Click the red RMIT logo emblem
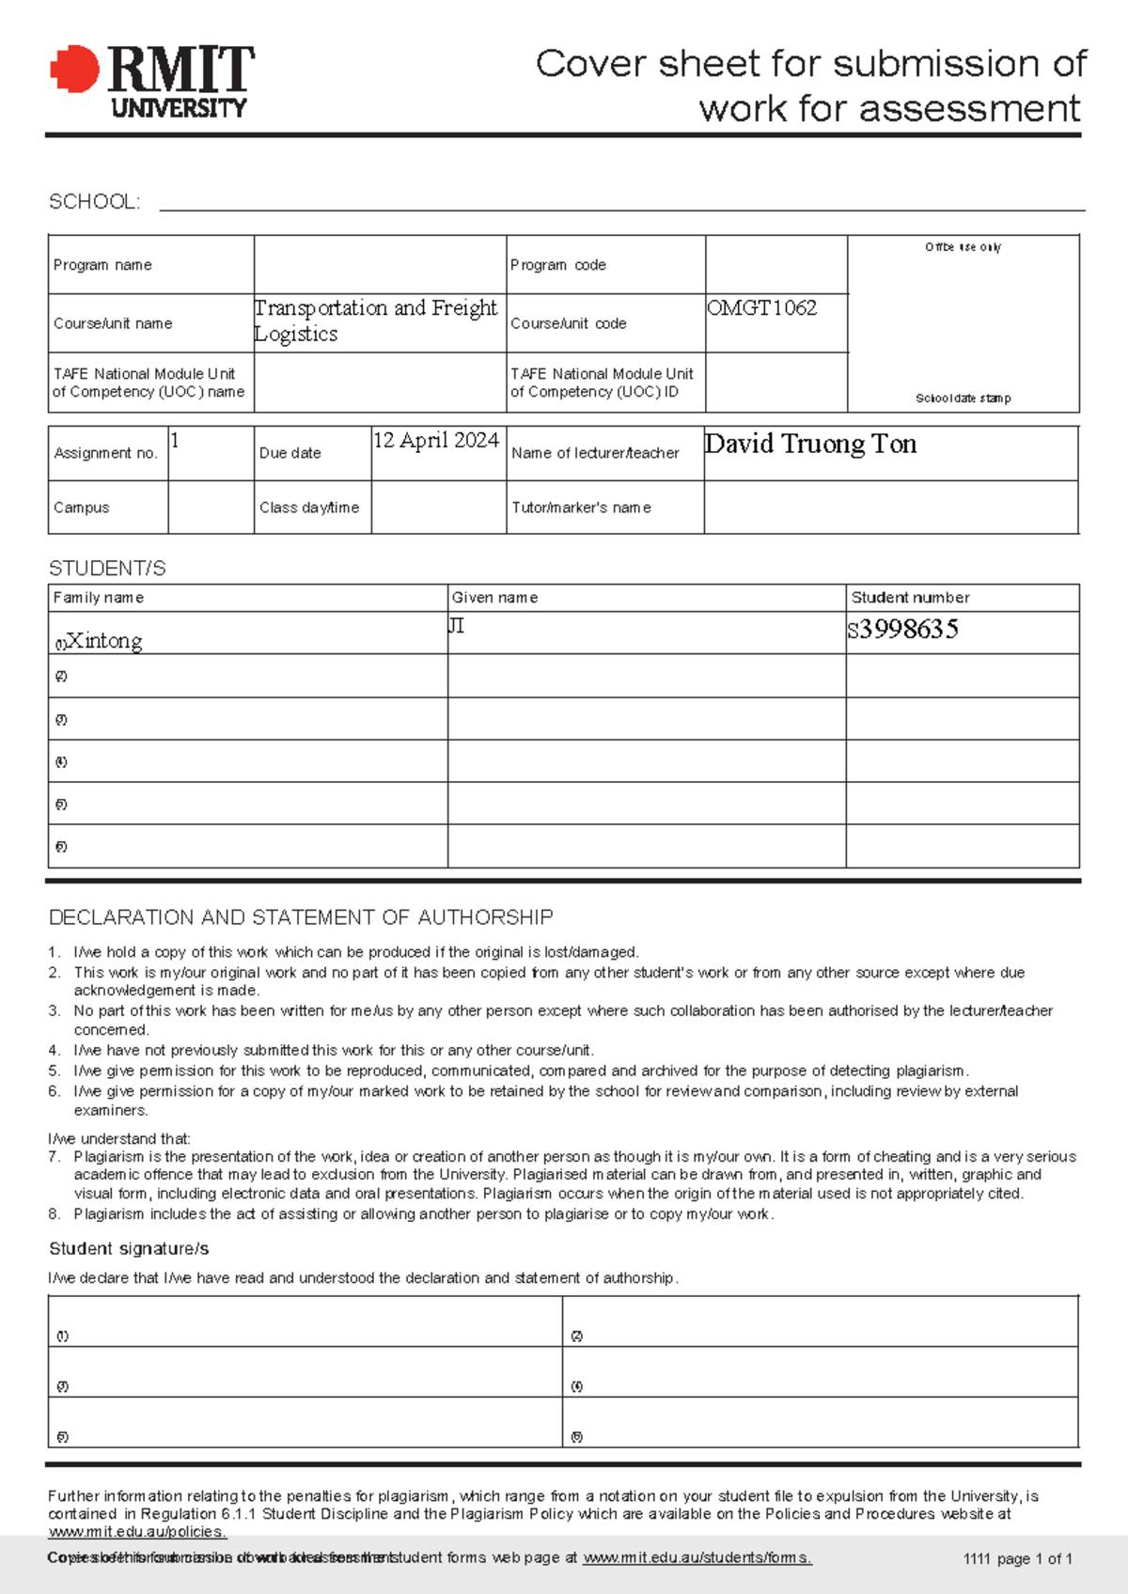(x=74, y=70)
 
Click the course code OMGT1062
(x=761, y=308)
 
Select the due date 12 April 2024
(x=435, y=441)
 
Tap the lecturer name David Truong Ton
(x=810, y=444)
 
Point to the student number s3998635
(x=902, y=630)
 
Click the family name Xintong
(x=103, y=641)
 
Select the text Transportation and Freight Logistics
(x=375, y=320)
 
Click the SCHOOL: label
(x=94, y=202)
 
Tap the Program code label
(x=557, y=265)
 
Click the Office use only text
(x=963, y=247)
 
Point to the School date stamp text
(x=963, y=398)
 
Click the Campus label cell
(x=82, y=508)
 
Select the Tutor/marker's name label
(x=581, y=508)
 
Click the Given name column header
(x=494, y=598)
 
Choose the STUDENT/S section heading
(x=107, y=569)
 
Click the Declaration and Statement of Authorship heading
(x=301, y=917)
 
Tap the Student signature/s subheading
(x=129, y=1249)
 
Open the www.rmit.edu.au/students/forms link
(x=697, y=1557)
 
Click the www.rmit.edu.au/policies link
(x=137, y=1532)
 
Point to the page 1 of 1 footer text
(x=1018, y=1558)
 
